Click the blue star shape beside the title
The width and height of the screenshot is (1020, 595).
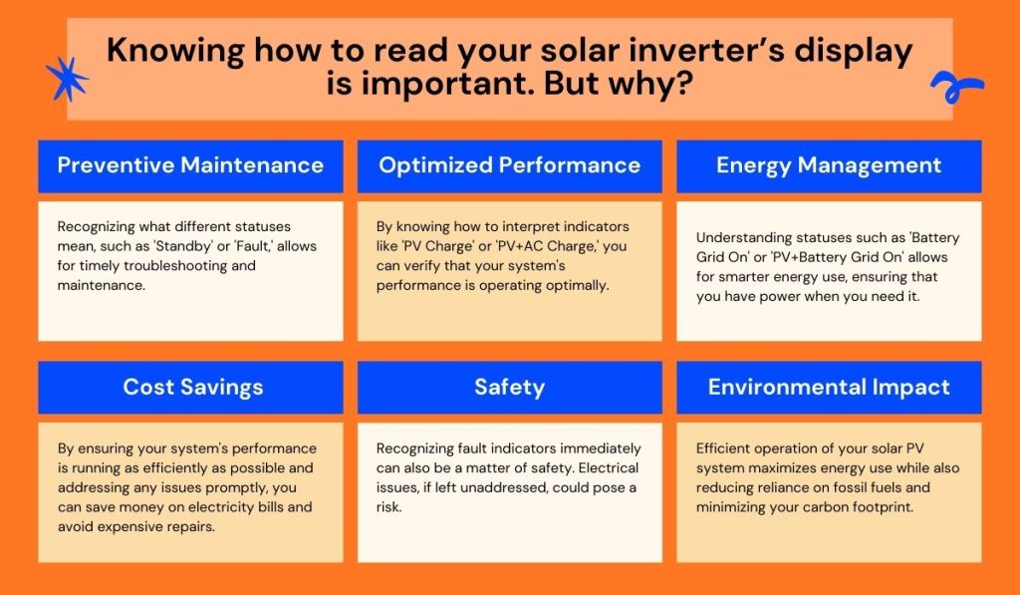click(67, 79)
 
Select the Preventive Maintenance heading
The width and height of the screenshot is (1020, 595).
click(190, 165)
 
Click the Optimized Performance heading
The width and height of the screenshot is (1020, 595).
click(509, 165)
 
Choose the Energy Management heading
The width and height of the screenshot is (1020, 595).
click(828, 165)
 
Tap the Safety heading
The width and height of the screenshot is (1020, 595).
click(509, 387)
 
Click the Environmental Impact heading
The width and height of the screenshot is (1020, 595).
click(828, 387)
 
